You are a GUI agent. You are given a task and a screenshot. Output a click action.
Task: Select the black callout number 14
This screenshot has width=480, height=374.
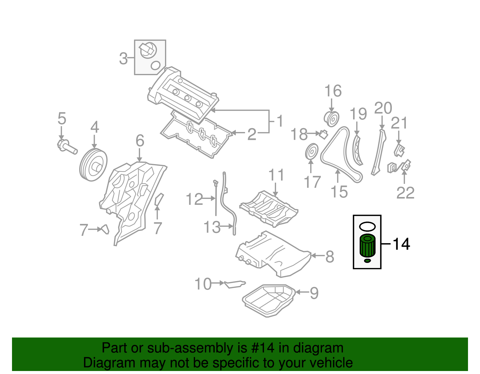click(x=401, y=244)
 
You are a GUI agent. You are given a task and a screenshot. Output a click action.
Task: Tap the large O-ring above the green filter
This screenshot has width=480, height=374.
click(x=367, y=227)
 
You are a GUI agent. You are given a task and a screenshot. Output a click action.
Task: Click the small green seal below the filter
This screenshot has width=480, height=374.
click(x=367, y=261)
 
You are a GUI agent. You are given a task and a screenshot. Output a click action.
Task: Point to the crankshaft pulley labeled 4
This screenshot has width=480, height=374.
click(x=93, y=165)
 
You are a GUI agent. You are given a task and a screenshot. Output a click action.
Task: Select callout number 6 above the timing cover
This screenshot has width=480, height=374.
click(x=140, y=141)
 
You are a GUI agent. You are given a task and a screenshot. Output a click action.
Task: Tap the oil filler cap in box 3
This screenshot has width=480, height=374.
click(x=148, y=50)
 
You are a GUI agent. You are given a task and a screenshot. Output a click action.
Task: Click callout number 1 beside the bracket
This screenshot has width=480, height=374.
click(x=280, y=121)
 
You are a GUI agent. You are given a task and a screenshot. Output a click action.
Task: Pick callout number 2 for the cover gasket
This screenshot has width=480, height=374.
click(x=252, y=134)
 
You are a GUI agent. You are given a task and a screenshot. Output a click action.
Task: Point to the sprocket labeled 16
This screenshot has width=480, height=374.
click(x=331, y=119)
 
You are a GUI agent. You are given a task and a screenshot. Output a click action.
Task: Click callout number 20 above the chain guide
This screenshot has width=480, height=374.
click(x=383, y=108)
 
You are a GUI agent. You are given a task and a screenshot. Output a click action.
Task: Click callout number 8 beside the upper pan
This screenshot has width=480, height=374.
click(x=330, y=257)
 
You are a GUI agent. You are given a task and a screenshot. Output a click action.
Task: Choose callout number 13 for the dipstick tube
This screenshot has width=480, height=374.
click(x=212, y=227)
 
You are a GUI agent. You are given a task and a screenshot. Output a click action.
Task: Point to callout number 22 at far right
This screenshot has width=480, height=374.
click(x=405, y=193)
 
